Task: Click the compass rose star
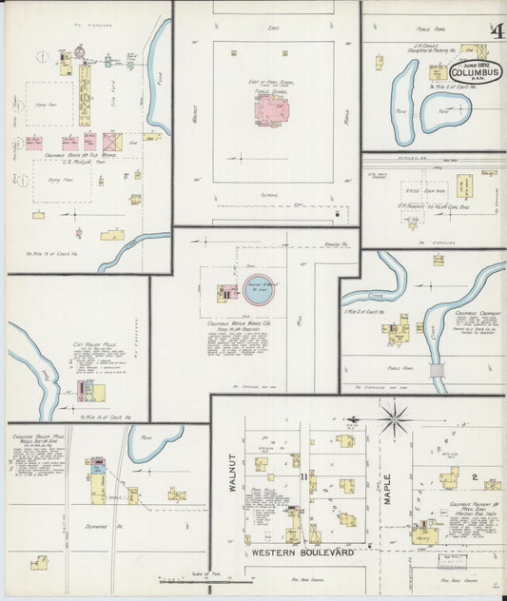click(x=393, y=415)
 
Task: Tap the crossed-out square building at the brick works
click(x=113, y=142)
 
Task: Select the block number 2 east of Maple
click(x=474, y=475)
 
